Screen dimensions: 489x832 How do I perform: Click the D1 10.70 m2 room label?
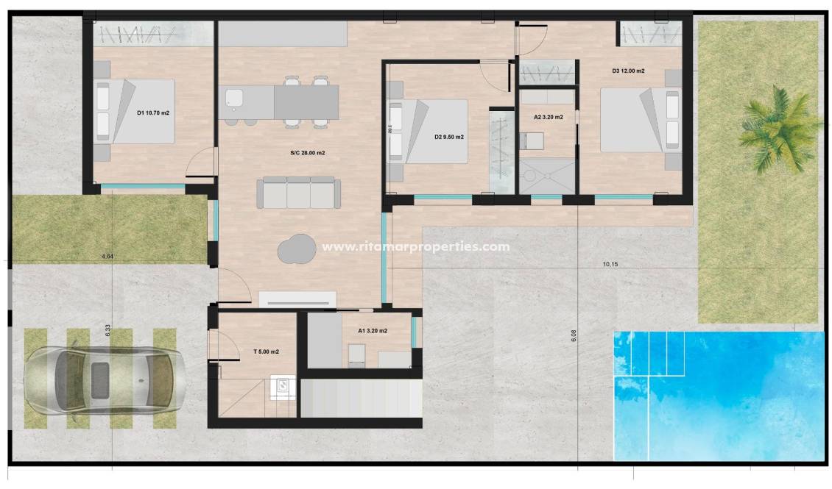coord(155,113)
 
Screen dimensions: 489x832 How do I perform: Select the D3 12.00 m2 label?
coord(628,71)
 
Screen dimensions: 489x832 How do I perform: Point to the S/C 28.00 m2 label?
coord(308,153)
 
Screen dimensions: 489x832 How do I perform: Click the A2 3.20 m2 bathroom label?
coord(549,117)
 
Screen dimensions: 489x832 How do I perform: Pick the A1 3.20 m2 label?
coord(373,331)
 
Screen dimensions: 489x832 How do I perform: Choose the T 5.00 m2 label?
coord(266,352)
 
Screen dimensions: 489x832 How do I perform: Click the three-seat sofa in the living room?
coord(299,193)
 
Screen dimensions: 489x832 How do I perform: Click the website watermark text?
coord(416,247)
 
